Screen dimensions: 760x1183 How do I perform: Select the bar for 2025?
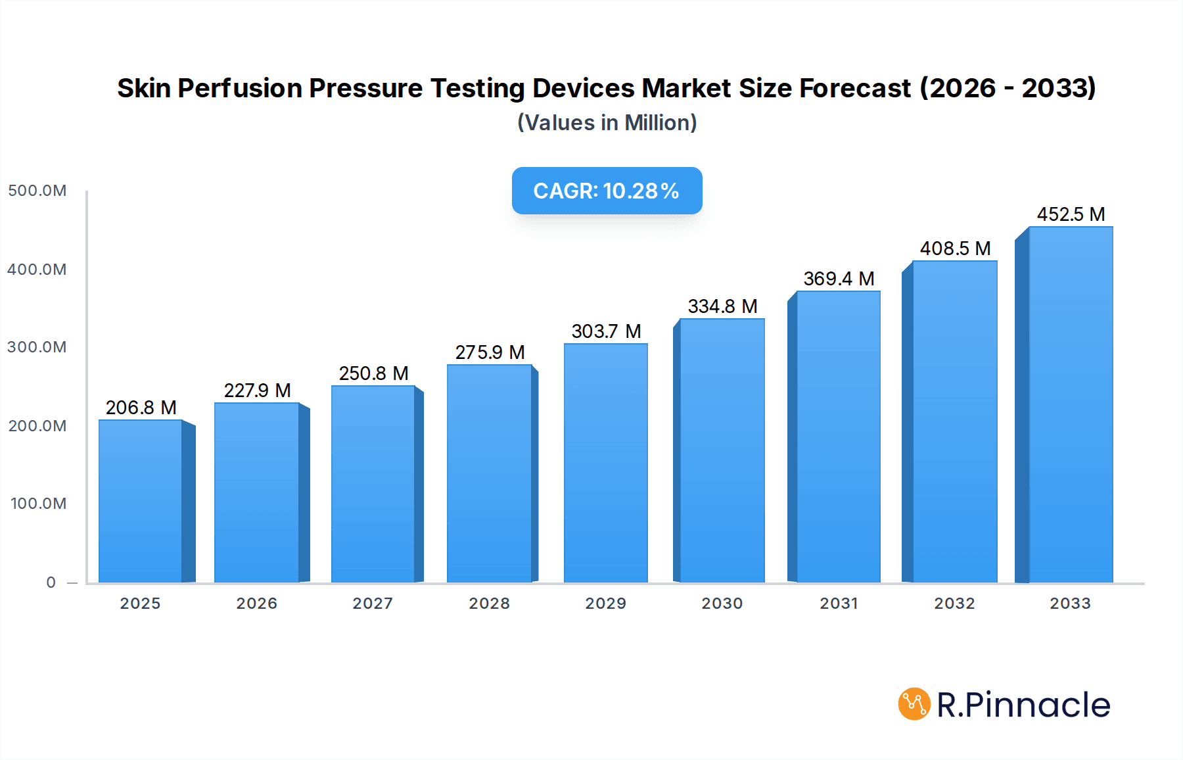pyautogui.click(x=141, y=501)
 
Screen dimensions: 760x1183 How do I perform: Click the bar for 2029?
pyautogui.click(x=605, y=463)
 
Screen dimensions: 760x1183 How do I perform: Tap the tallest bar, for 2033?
pyautogui.click(x=1071, y=404)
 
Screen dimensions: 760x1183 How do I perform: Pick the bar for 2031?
pyautogui.click(x=838, y=437)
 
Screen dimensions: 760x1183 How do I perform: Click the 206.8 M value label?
pyautogui.click(x=141, y=408)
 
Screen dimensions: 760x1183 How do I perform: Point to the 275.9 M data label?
pyautogui.click(x=490, y=352)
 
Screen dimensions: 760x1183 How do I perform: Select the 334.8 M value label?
pyautogui.click(x=722, y=306)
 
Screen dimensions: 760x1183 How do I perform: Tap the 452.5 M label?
pyautogui.click(x=1071, y=214)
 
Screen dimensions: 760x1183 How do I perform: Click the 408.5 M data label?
pyautogui.click(x=955, y=249)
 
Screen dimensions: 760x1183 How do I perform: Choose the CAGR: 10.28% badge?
pyautogui.click(x=607, y=191)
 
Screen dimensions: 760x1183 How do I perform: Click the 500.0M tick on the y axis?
pyautogui.click(x=37, y=191)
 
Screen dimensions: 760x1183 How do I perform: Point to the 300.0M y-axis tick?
pyautogui.click(x=37, y=347)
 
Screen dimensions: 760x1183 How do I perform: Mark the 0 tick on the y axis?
pyautogui.click(x=51, y=582)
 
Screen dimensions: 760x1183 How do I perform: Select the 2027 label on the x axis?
pyautogui.click(x=373, y=604)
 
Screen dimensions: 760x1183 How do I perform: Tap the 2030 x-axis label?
pyautogui.click(x=722, y=604)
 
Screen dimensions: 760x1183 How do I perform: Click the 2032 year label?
pyautogui.click(x=954, y=604)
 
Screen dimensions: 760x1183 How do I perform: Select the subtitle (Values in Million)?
pyautogui.click(x=607, y=123)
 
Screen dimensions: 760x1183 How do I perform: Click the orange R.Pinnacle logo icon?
pyautogui.click(x=914, y=704)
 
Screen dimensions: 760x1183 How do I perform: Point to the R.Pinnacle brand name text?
pyautogui.click(x=1023, y=705)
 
